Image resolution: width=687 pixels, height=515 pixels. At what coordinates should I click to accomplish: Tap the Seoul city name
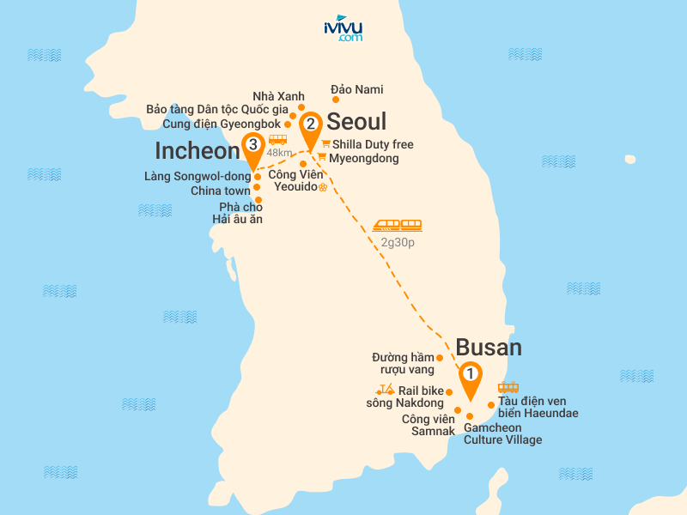click(357, 121)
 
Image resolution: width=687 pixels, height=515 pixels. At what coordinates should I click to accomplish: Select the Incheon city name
click(197, 151)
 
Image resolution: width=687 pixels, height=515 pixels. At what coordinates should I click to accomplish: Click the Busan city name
click(489, 347)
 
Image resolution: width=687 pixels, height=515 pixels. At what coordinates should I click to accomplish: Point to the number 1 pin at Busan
click(470, 376)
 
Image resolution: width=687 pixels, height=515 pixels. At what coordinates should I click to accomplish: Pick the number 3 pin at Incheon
click(252, 148)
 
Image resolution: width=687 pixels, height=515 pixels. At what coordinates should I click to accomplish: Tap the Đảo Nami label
click(357, 89)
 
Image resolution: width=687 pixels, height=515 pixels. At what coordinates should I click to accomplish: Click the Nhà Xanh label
click(273, 95)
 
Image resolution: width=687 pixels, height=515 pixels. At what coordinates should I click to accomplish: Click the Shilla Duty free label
click(373, 144)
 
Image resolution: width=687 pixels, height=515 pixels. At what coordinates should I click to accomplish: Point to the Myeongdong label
click(364, 158)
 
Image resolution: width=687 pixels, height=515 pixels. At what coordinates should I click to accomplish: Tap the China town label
click(221, 191)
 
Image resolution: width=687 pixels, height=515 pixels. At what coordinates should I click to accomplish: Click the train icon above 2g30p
click(398, 226)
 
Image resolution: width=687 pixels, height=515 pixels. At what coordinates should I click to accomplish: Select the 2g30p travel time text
click(398, 243)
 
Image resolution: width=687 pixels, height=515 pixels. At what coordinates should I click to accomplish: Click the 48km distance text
click(279, 153)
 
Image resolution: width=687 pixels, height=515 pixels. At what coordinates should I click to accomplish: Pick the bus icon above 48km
click(277, 139)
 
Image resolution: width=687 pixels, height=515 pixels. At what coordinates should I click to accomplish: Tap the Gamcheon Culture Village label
click(502, 433)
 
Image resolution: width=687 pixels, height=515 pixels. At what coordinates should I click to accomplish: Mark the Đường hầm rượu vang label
click(403, 363)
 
